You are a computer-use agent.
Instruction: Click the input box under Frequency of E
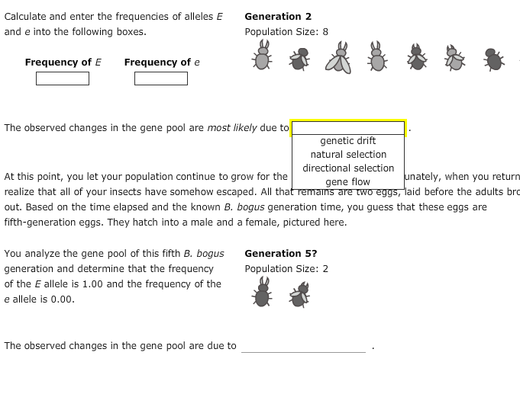[63, 78]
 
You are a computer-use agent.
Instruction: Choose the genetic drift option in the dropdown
[348, 141]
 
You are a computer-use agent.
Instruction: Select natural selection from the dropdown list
[348, 155]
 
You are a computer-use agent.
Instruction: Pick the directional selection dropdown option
[348, 168]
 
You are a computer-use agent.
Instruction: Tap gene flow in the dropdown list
[348, 182]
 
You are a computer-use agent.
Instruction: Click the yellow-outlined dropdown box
[348, 128]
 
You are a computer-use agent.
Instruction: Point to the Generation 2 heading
[278, 17]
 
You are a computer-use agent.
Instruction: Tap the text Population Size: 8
[286, 32]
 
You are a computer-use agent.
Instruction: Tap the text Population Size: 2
[286, 269]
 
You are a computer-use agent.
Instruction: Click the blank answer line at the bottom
[303, 347]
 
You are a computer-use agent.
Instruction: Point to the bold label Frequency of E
[63, 62]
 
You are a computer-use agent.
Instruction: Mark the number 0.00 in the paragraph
[63, 300]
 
